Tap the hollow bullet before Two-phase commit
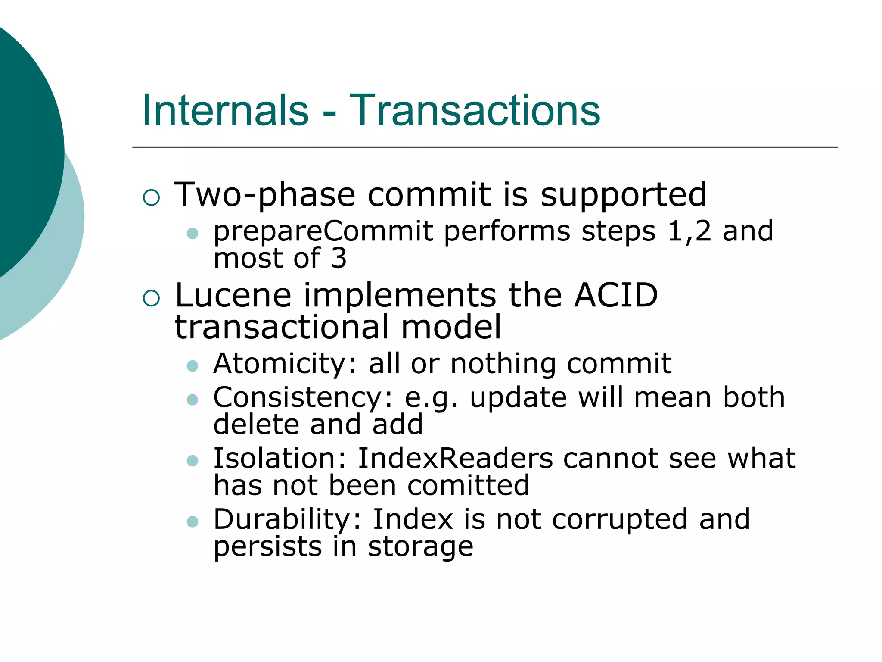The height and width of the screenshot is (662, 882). click(151, 197)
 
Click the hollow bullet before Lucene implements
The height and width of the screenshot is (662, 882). click(151, 298)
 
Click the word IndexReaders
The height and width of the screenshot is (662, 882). click(455, 458)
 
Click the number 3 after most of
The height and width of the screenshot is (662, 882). click(339, 259)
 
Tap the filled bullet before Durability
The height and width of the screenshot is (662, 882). click(193, 522)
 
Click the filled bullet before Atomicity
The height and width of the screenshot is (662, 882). click(193, 366)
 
